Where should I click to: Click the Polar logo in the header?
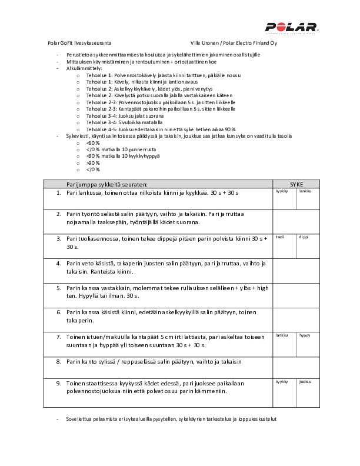pyautogui.click(x=291, y=27)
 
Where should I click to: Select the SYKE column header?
pyautogui.click(x=296, y=184)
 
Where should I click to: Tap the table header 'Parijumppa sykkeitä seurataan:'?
pyautogui.click(x=106, y=184)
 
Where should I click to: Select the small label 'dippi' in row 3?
pyautogui.click(x=304, y=237)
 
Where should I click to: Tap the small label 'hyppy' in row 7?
pyautogui.click(x=305, y=335)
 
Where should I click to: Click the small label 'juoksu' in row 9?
pyautogui.click(x=305, y=381)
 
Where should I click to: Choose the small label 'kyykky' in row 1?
pyautogui.click(x=282, y=191)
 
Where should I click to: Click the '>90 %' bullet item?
pyautogui.click(x=90, y=162)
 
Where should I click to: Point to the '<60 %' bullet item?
pyautogui.click(x=90, y=143)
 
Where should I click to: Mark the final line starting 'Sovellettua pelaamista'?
pyautogui.click(x=171, y=418)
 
